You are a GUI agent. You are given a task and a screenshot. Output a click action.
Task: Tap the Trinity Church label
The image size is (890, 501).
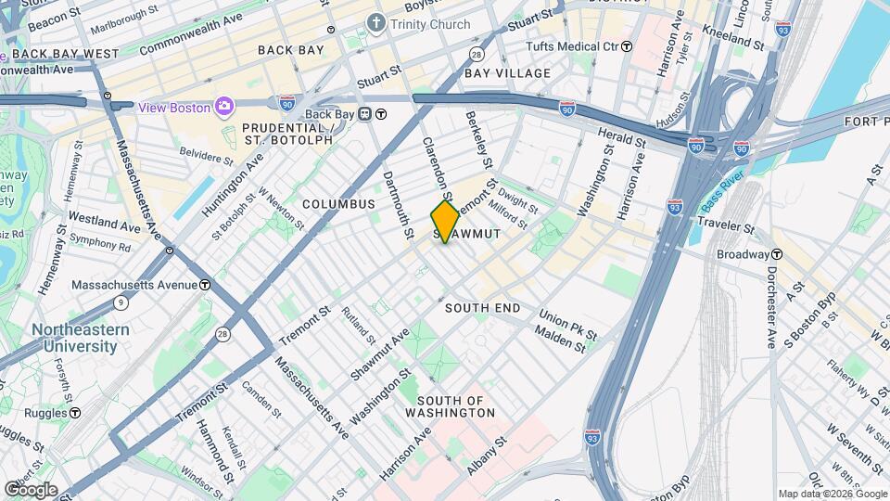coord(430,24)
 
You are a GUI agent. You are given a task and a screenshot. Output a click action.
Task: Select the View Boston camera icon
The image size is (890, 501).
coord(223,107)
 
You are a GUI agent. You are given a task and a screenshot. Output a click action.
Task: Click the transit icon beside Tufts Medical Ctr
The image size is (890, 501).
coord(627,45)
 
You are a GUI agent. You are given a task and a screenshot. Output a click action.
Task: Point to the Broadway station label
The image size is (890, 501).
coord(743,253)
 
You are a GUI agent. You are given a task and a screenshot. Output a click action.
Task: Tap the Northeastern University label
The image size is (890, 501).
coord(74,338)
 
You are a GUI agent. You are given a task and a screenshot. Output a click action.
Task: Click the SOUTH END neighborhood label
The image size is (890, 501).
coord(482,307)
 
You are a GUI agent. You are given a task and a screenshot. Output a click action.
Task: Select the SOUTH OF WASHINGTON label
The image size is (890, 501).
coord(450,406)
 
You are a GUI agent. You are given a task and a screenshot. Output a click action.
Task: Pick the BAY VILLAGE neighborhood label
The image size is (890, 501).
coord(507,72)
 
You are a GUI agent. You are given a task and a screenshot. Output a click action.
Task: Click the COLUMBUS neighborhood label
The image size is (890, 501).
coord(337,204)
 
